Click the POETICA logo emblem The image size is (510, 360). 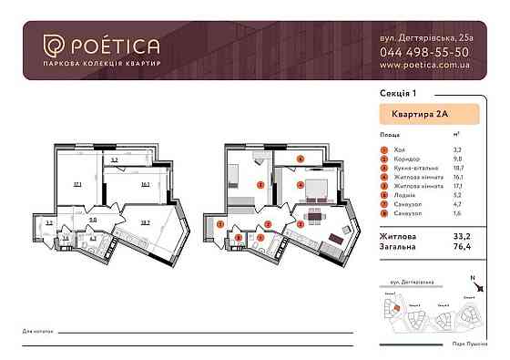coord(54,45)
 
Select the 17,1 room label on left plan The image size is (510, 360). coord(78,184)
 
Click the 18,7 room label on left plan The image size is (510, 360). coord(145,221)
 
